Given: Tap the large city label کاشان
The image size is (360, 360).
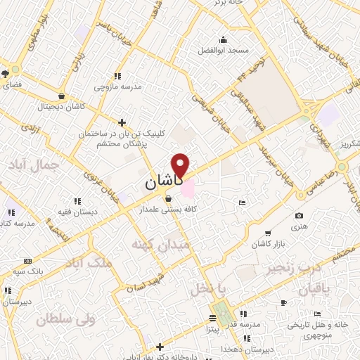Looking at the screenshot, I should (x=164, y=182).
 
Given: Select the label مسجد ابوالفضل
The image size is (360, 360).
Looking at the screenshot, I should (x=223, y=51).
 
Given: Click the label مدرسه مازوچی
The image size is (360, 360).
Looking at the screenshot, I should (x=117, y=87).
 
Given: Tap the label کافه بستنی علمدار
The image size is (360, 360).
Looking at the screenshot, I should (x=167, y=210).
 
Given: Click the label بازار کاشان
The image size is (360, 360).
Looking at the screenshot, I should (x=267, y=245).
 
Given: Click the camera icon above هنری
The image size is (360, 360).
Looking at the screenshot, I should (x=300, y=215).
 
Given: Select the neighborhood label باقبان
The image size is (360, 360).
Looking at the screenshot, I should (x=314, y=290).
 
